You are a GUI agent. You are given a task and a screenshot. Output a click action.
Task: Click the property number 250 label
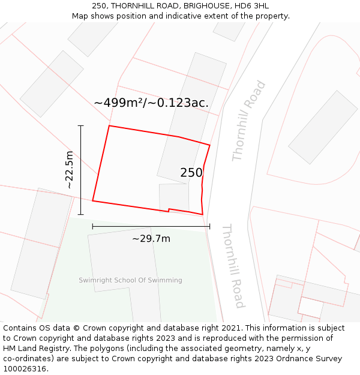191,173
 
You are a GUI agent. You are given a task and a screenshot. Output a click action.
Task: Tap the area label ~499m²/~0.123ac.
151,103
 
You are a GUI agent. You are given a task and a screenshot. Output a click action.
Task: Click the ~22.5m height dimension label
70,170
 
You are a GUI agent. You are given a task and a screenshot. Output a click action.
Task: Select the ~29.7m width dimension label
151,239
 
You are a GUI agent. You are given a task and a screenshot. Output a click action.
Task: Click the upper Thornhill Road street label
248,121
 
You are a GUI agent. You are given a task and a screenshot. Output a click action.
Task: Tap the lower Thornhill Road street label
232,266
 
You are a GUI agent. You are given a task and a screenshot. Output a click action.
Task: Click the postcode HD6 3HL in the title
251,6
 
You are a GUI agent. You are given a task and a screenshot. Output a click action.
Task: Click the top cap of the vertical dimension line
81,126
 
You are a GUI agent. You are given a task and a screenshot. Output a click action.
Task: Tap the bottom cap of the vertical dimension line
81,214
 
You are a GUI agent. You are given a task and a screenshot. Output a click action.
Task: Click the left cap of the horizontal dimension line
92,226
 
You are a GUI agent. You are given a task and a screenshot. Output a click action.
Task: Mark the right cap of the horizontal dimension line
210,226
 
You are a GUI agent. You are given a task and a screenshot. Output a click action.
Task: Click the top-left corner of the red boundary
109,126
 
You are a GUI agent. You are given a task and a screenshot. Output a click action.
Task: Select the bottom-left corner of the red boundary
92,200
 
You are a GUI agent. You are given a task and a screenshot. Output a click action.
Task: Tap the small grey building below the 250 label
173,196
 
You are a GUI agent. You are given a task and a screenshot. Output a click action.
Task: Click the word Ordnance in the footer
303,358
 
